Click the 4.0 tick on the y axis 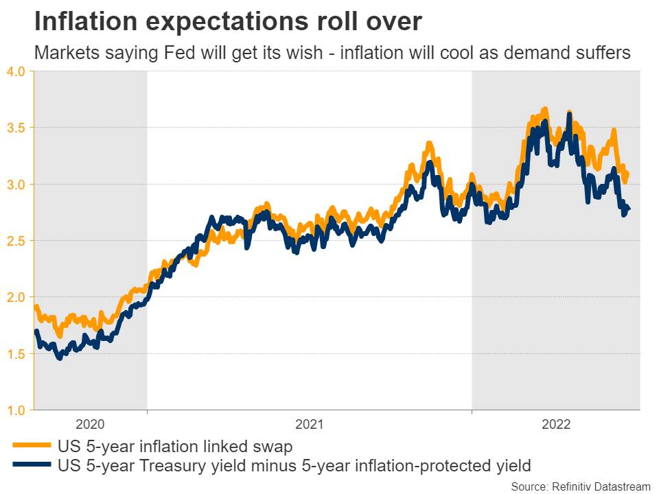point(16,71)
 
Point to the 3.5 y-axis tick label point(16,128)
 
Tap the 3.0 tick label point(16,185)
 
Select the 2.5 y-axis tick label point(16,241)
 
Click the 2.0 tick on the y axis point(16,298)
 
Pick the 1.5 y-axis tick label point(16,354)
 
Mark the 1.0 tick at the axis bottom point(16,410)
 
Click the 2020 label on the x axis point(91,424)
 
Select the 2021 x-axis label point(310,424)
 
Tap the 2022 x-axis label point(556,424)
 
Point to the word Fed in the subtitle point(190,53)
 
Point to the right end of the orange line point(627,174)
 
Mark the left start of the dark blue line point(36,332)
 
